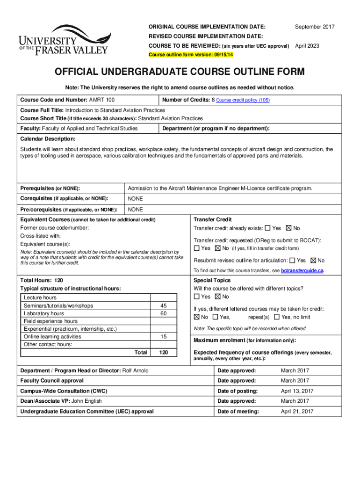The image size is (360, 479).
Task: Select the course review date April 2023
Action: pos(307,46)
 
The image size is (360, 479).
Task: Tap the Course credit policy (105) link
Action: pos(243,100)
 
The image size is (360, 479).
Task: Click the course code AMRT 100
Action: pos(101,100)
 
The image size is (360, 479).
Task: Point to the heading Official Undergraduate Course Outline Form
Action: pos(180,72)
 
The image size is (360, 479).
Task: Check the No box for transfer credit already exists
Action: pos(288,228)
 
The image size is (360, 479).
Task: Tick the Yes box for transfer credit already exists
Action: pos(267,228)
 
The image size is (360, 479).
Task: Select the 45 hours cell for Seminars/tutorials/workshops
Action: pos(163,305)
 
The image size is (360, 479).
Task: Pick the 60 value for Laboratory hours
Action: pos(163,313)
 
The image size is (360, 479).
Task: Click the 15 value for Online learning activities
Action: pos(163,336)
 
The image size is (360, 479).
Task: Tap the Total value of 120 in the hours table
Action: pos(163,352)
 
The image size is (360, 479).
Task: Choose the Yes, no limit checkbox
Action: pos(277,317)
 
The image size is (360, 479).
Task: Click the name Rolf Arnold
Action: pos(135,370)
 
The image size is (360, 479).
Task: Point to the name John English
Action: pos(86,401)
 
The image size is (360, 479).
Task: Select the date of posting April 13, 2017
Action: pos(297,391)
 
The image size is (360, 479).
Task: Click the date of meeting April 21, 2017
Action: pos(297,412)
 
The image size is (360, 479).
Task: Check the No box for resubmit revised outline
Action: pos(313,261)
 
